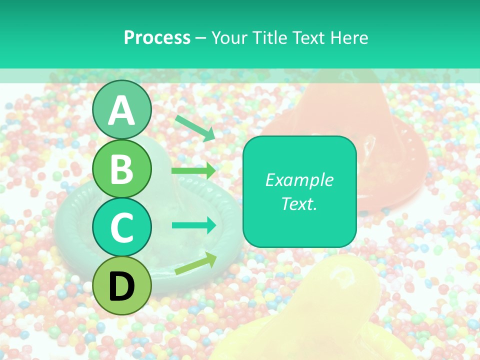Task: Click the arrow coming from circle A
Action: (x=195, y=128)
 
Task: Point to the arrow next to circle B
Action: (x=193, y=170)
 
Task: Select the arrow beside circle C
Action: (x=194, y=225)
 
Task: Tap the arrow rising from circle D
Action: (x=195, y=263)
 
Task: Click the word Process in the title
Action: (x=157, y=38)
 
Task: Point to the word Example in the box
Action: (x=299, y=180)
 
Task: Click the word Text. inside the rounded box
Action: (x=299, y=203)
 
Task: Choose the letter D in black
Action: (x=122, y=286)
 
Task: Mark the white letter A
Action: (x=122, y=110)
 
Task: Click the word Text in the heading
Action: (x=307, y=38)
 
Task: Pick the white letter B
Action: (x=122, y=169)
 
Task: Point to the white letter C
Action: (x=122, y=228)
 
